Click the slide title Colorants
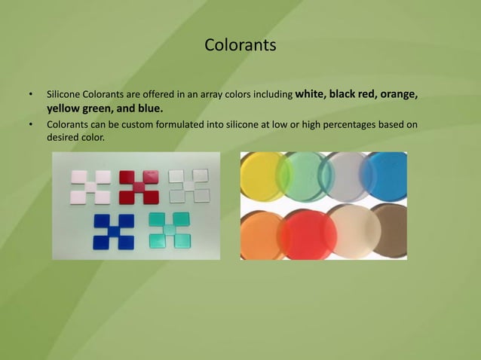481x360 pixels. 240,46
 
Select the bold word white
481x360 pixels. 312,95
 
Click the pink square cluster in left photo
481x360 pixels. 90,187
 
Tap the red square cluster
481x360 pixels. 139,187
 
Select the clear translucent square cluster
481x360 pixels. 188,185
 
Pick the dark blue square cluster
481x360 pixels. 114,231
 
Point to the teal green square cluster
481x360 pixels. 169,230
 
